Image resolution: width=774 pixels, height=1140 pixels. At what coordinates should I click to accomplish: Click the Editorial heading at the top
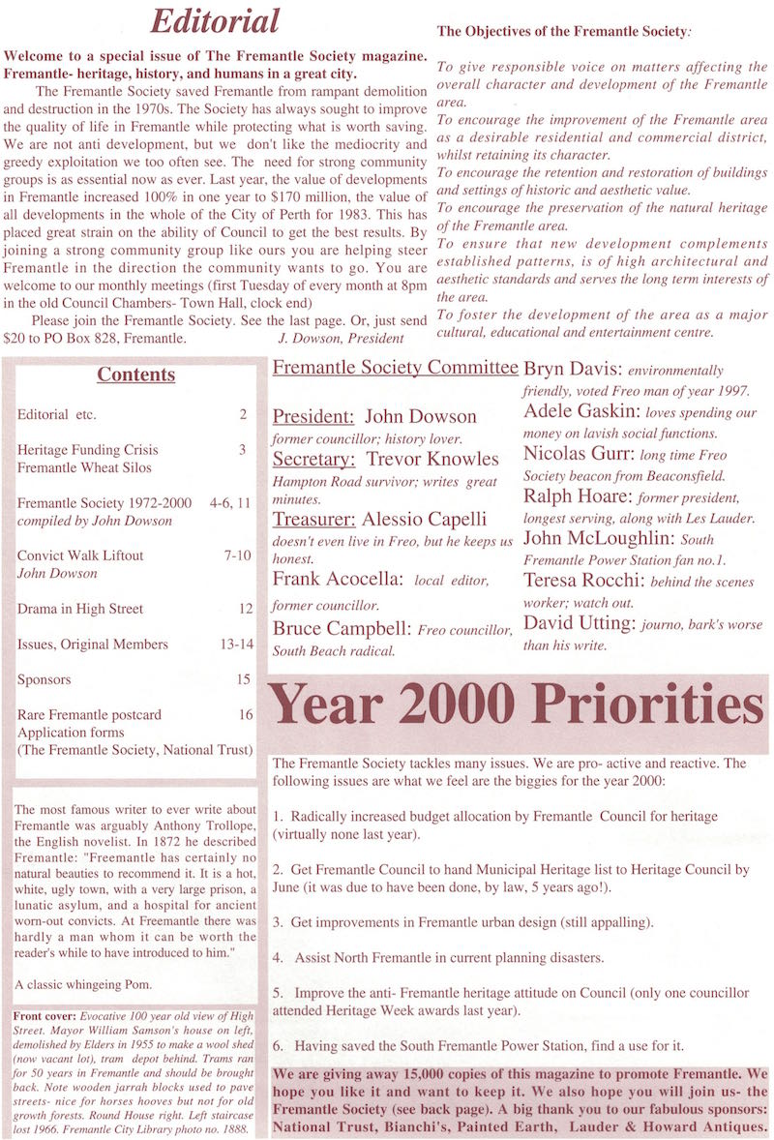coord(215,20)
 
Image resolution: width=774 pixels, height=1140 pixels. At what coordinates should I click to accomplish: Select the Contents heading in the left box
coord(135,375)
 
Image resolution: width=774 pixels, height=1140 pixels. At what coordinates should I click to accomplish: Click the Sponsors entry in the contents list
coord(45,679)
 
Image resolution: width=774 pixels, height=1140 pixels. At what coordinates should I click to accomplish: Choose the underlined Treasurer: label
coord(314,519)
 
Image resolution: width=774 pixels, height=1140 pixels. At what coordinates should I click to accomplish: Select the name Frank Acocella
coord(337,580)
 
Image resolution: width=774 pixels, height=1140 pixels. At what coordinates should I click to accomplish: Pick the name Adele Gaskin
coord(579,412)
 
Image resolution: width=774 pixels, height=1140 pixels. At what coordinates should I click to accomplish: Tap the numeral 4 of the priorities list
coord(277,958)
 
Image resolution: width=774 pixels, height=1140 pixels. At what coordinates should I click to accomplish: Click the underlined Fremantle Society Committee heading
coord(395,368)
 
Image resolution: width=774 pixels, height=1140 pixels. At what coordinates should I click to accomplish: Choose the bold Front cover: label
coord(45,1017)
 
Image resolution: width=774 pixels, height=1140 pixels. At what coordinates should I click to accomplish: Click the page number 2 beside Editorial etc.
coord(243,414)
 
